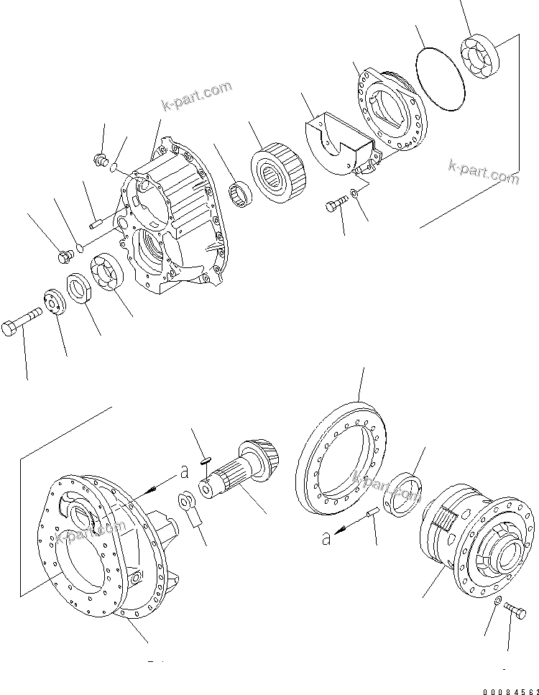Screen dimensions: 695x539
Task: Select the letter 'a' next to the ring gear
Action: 326,537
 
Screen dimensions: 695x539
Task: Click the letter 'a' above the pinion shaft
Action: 185,471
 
